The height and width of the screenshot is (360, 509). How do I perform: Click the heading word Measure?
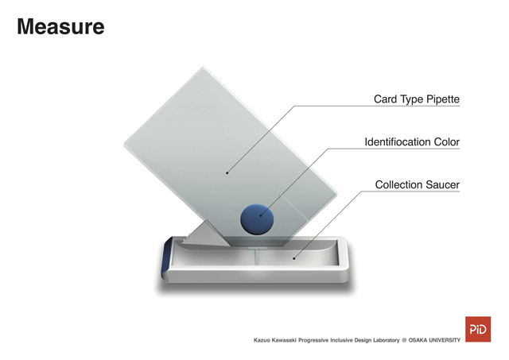[x=60, y=26]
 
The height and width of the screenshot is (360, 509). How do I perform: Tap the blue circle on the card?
[x=257, y=219]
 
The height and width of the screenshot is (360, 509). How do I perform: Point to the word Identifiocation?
[x=394, y=141]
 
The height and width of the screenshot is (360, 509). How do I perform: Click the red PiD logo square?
[x=478, y=329]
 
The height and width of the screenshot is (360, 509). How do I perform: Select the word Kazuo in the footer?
[x=261, y=340]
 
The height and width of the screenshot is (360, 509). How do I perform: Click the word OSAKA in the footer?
[x=418, y=340]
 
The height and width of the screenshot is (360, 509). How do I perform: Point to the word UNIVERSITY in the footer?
[x=445, y=340]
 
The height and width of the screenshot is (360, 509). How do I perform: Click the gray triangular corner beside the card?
[x=206, y=234]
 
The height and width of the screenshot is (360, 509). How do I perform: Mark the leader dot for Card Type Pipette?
[x=227, y=173]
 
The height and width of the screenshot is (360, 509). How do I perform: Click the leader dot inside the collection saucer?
[x=294, y=258]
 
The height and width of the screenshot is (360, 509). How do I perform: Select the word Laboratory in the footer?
[x=387, y=340]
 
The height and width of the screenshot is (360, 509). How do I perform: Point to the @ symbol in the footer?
[x=404, y=340]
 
